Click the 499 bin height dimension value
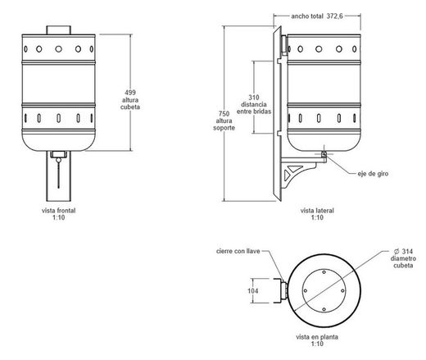(x=130, y=93)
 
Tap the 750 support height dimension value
(x=224, y=114)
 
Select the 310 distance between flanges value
(x=254, y=98)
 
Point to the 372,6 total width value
(x=334, y=16)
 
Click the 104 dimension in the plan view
(x=253, y=291)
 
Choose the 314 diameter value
(x=407, y=251)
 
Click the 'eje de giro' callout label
(x=373, y=174)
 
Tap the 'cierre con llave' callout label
(x=238, y=251)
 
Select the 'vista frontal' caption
(x=58, y=211)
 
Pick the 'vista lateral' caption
(x=317, y=211)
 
